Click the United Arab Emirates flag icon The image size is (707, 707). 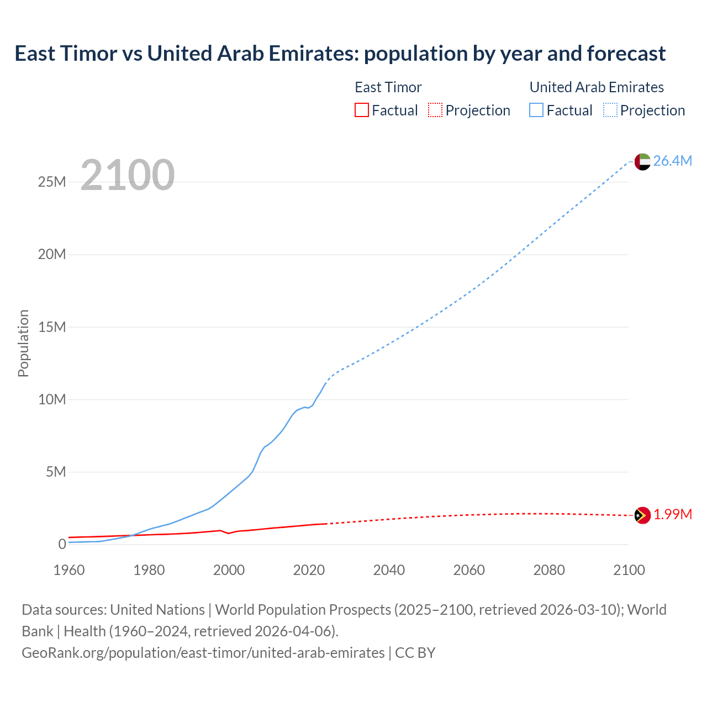click(642, 161)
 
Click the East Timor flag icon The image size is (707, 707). click(642, 515)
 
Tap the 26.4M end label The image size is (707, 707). click(672, 161)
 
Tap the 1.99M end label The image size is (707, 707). click(673, 515)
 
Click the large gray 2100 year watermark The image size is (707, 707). click(128, 175)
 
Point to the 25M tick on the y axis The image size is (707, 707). click(52, 182)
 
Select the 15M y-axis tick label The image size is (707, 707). click(52, 327)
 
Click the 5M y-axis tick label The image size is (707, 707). click(56, 472)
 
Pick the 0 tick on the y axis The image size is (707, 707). click(62, 544)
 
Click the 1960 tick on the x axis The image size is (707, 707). click(69, 570)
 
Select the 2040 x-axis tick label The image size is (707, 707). click(389, 570)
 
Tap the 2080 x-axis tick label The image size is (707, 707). click(549, 570)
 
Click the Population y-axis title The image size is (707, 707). click(23, 343)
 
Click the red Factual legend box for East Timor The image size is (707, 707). click(362, 110)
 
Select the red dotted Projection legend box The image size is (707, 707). click(435, 110)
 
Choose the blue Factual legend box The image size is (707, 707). click(536, 110)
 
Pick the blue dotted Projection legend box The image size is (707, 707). click(610, 110)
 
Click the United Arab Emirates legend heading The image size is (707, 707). click(597, 87)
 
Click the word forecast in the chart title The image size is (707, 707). click(626, 54)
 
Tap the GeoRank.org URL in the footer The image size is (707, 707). click(203, 653)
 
